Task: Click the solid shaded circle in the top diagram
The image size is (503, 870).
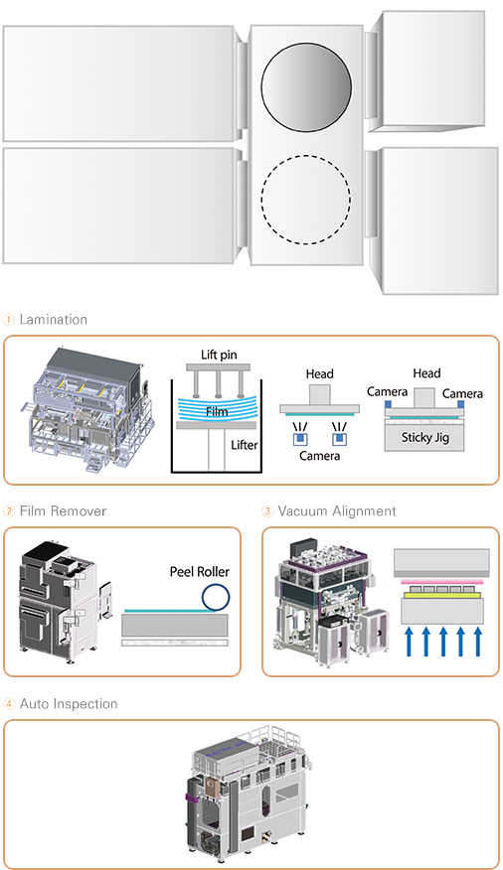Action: pos(306,88)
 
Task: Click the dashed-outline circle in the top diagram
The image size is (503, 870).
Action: pos(306,200)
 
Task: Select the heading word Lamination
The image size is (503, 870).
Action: pos(54,320)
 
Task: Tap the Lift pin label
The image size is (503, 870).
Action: pos(219,355)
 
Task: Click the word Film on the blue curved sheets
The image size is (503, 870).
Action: pos(217,411)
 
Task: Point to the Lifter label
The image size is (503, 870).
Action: pos(245,445)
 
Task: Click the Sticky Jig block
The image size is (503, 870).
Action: pos(424,437)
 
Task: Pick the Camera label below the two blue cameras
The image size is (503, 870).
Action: pos(319,456)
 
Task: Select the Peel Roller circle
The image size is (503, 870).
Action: pos(216,597)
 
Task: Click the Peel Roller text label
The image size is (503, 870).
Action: pos(200,571)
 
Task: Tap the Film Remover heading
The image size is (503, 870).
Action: pos(63,511)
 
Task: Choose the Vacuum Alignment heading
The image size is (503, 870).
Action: pos(337,511)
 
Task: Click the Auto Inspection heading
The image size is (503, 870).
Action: pos(69,704)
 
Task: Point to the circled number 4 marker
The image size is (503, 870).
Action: pos(9,705)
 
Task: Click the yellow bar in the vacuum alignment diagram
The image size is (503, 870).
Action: pos(441,595)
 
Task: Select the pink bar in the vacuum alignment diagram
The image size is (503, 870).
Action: pos(441,581)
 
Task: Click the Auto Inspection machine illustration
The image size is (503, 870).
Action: pos(248,793)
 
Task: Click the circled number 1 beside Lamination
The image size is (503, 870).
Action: pos(9,320)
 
